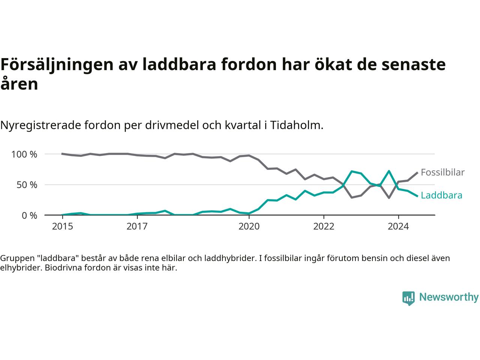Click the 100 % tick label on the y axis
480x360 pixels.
pos(24,154)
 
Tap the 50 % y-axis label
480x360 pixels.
pos(27,185)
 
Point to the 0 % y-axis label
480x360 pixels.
pos(29,216)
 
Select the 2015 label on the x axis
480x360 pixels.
pos(63,226)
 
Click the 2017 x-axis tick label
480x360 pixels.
pos(137,226)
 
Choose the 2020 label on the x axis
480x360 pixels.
pos(249,226)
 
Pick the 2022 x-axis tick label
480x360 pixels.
pos(324,226)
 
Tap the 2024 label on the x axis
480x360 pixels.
pos(398,226)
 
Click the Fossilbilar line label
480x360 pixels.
pos(442,172)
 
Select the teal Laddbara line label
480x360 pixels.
pos(441,195)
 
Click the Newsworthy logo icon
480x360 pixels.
pos(408,298)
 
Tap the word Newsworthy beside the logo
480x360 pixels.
pos(449,297)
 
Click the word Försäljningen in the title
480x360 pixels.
pos(57,65)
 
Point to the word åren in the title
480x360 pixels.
pos(19,84)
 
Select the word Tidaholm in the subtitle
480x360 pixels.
pos(297,125)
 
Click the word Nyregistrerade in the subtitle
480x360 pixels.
pos(40,126)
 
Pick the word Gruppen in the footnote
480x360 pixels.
pos(17,259)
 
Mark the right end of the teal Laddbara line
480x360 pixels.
pos(417,196)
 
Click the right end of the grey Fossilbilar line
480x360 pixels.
pos(417,172)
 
